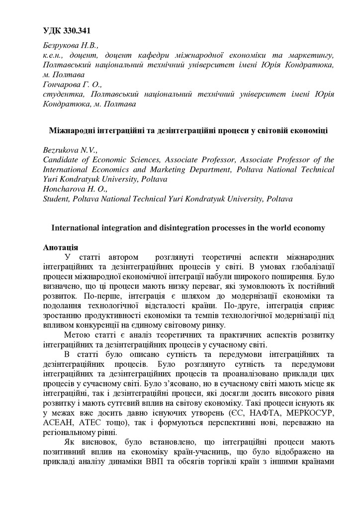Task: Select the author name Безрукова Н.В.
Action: point(67,46)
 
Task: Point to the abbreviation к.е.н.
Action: point(54,56)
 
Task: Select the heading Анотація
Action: point(60,247)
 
